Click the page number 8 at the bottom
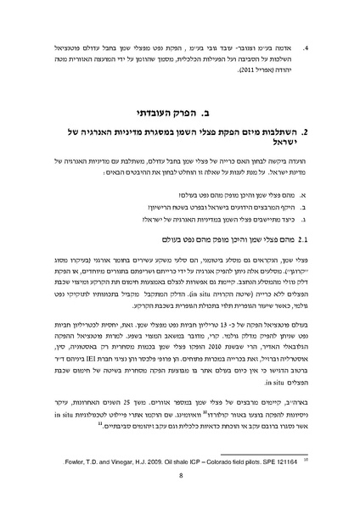[181, 476]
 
